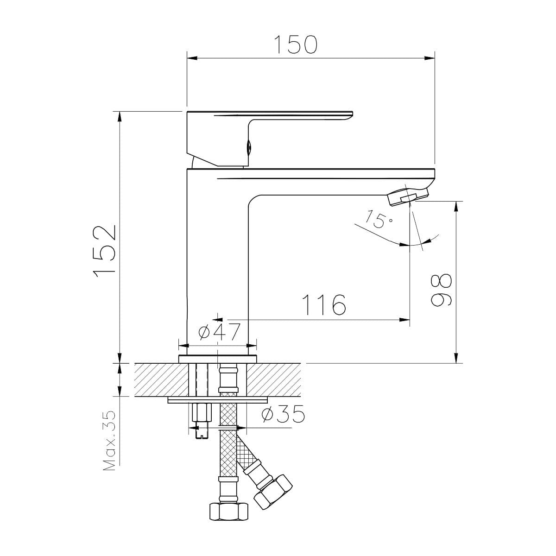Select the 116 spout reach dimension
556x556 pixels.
tap(324, 305)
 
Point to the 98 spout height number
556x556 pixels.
tap(441, 290)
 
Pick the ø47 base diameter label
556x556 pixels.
tap(219, 332)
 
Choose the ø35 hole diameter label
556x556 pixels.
tap(283, 414)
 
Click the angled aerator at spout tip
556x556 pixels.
tap(408, 196)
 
